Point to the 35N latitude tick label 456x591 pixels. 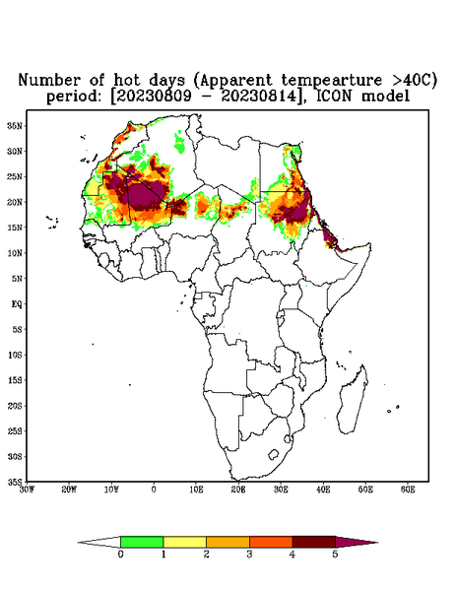pyautogui.click(x=15, y=125)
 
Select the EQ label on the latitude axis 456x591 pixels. pyautogui.click(x=17, y=303)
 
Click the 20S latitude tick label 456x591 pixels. pyautogui.click(x=15, y=406)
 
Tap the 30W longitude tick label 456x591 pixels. pyautogui.click(x=27, y=490)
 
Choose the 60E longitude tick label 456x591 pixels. pyautogui.click(x=408, y=490)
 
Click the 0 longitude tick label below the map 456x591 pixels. pyautogui.click(x=154, y=490)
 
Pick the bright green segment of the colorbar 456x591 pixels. pyautogui.click(x=142, y=542)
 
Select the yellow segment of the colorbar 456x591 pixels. pyautogui.click(x=184, y=542)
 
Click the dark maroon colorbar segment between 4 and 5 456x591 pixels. pyautogui.click(x=314, y=542)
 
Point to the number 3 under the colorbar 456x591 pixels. pyautogui.click(x=249, y=555)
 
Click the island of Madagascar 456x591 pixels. pyautogui.click(x=353, y=400)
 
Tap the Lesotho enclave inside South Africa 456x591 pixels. pyautogui.click(x=274, y=454)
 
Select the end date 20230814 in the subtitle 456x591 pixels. pyautogui.click(x=259, y=96)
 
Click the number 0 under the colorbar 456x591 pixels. pyautogui.click(x=120, y=555)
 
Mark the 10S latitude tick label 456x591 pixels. pyautogui.click(x=15, y=355)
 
